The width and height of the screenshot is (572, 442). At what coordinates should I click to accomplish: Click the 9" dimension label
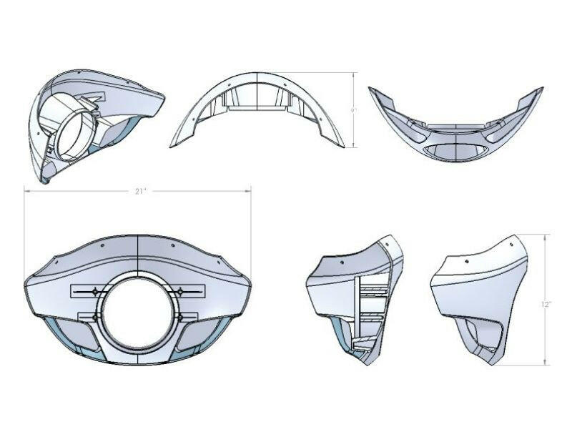click(353, 110)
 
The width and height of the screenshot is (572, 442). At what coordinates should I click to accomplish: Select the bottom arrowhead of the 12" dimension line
click(546, 363)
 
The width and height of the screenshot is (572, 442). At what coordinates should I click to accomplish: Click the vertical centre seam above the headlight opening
click(137, 254)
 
